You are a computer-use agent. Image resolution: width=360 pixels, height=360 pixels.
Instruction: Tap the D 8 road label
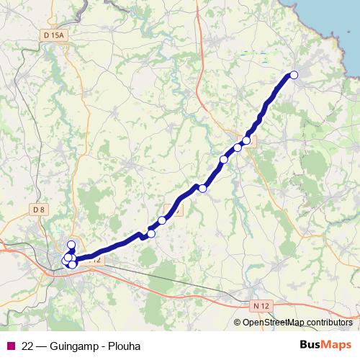(x=39, y=210)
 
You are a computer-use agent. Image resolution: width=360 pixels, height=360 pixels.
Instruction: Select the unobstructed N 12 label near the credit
(x=262, y=306)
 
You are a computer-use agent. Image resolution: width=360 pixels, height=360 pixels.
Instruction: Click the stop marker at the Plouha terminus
(x=293, y=74)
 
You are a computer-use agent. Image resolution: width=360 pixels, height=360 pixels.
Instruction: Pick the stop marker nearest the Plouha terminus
(x=247, y=140)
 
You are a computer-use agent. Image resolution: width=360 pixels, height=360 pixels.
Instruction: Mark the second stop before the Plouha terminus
(x=238, y=148)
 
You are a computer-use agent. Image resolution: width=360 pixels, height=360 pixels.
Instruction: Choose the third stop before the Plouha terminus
(x=224, y=159)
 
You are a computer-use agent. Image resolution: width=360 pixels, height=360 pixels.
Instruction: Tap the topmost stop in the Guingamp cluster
(x=71, y=245)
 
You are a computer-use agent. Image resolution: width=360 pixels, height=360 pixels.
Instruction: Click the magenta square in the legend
(x=9, y=346)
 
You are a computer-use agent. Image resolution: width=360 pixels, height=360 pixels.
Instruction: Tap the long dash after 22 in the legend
(x=42, y=346)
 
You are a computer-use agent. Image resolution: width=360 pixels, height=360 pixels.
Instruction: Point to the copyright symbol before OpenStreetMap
(x=238, y=323)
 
